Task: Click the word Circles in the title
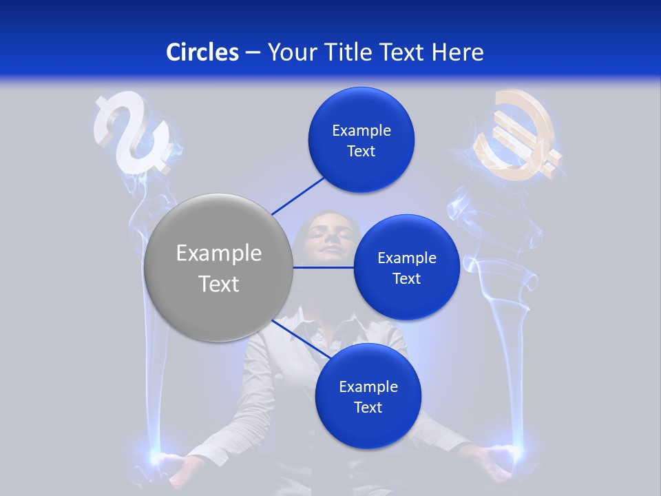point(202,52)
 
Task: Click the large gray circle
point(218,268)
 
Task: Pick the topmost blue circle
point(361,141)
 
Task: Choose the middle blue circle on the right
point(407,268)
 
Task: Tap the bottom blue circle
point(368,397)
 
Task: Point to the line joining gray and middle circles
point(323,267)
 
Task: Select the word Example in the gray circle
point(218,254)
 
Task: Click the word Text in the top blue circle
point(361,152)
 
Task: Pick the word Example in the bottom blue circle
point(368,386)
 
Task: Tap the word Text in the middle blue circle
point(407,279)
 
